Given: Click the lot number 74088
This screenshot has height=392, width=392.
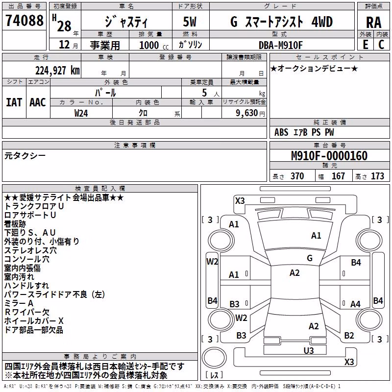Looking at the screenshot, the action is pyautogui.click(x=24, y=21).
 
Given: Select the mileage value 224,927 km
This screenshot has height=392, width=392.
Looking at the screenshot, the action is pyautogui.click(x=57, y=71).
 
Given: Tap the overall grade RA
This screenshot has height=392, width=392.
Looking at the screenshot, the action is pyautogui.click(x=374, y=23).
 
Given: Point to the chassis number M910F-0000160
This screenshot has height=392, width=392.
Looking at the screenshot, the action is pyautogui.click(x=329, y=155).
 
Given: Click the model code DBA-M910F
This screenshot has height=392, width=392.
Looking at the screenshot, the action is pyautogui.click(x=280, y=45).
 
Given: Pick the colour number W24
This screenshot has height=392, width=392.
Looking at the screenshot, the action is pyautogui.click(x=81, y=113).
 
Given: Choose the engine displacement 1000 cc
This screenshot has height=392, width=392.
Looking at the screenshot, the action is pyautogui.click(x=154, y=45).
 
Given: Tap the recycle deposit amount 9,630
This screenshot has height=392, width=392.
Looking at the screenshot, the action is pyautogui.click(x=247, y=113).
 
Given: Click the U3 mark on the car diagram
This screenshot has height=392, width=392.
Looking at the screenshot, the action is pyautogui.click(x=309, y=350).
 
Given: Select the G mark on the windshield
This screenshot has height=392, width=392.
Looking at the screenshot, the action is pyautogui.click(x=310, y=258).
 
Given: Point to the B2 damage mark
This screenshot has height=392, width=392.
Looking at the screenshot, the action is pyautogui.click(x=349, y=335).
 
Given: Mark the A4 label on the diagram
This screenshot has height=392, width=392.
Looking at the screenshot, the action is pyautogui.click(x=355, y=304).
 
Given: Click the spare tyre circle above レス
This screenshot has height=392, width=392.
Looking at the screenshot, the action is pyautogui.click(x=214, y=357).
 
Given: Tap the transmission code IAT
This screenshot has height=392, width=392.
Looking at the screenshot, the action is pyautogui.click(x=14, y=102).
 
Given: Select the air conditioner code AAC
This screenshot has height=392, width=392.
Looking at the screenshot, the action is pyautogui.click(x=38, y=102).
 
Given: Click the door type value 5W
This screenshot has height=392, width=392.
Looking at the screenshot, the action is pyautogui.click(x=190, y=22).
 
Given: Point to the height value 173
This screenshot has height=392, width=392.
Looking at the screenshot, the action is pyautogui.click(x=377, y=176).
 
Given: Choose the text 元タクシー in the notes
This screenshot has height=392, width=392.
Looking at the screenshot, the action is pyautogui.click(x=25, y=156).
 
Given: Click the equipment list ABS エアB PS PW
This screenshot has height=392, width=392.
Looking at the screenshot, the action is pyautogui.click(x=304, y=132).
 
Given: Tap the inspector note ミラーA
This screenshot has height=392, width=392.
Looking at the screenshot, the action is pyautogui.click(x=19, y=303).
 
